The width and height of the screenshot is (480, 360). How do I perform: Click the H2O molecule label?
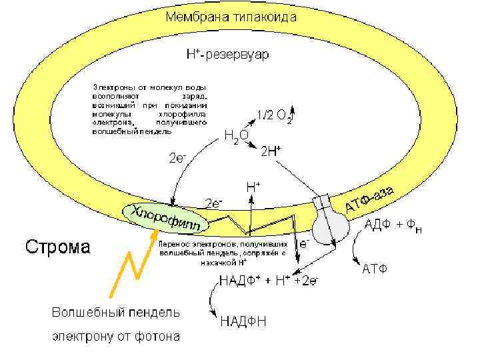236,137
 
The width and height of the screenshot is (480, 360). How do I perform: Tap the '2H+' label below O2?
270,151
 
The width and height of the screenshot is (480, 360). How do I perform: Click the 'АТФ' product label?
375,269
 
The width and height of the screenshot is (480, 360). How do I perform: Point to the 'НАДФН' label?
243,322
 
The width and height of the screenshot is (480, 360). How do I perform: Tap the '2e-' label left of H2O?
177,158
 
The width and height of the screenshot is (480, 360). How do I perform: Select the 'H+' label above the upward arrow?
253,187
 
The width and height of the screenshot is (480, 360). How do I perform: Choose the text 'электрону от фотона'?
116,336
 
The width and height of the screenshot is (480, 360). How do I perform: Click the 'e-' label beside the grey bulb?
304,245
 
